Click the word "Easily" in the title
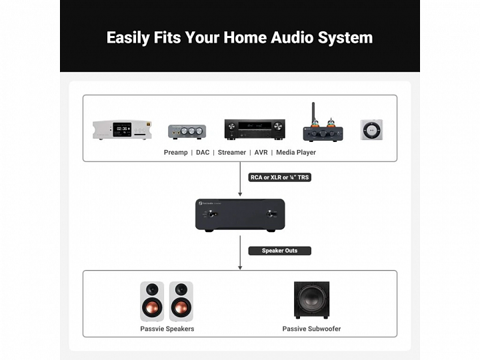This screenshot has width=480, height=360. [127, 37]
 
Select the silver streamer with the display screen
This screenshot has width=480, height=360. [122, 129]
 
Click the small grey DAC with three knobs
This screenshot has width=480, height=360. [187, 131]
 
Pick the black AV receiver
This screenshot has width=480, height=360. [254, 129]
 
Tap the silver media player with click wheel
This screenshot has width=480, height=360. [371, 129]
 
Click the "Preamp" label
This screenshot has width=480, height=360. [176, 153]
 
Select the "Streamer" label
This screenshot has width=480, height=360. [232, 153]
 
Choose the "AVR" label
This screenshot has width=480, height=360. [261, 153]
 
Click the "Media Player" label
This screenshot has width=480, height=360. [296, 153]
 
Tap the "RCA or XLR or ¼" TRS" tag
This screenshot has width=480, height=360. [280, 177]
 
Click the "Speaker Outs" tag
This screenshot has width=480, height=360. [280, 251]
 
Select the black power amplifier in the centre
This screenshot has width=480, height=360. [240, 215]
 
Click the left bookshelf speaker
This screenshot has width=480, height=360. [152, 301]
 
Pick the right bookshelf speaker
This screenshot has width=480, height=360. [181, 301]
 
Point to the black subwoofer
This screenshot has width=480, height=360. [311, 300]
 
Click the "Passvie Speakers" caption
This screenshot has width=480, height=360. [167, 329]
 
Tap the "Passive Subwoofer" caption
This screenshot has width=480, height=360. [311, 329]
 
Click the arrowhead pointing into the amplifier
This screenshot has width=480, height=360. [240, 193]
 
